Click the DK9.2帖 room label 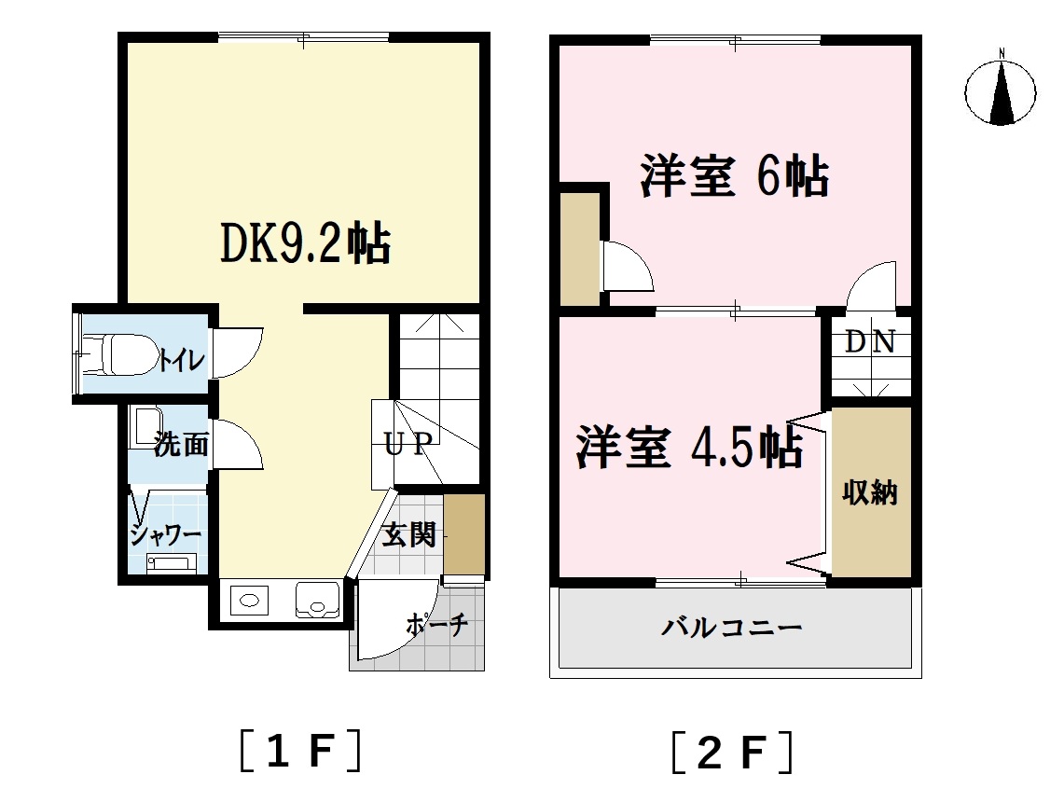(x=304, y=244)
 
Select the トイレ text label (x=181, y=360)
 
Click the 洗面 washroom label (x=181, y=445)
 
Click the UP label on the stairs (x=407, y=444)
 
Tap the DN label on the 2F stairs (x=870, y=342)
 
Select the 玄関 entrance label (x=409, y=535)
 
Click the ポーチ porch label (x=436, y=626)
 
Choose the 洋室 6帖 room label (x=734, y=177)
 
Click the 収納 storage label (x=870, y=491)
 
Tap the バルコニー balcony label (x=732, y=627)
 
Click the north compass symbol (x=1002, y=90)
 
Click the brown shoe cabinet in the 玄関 (x=464, y=534)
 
